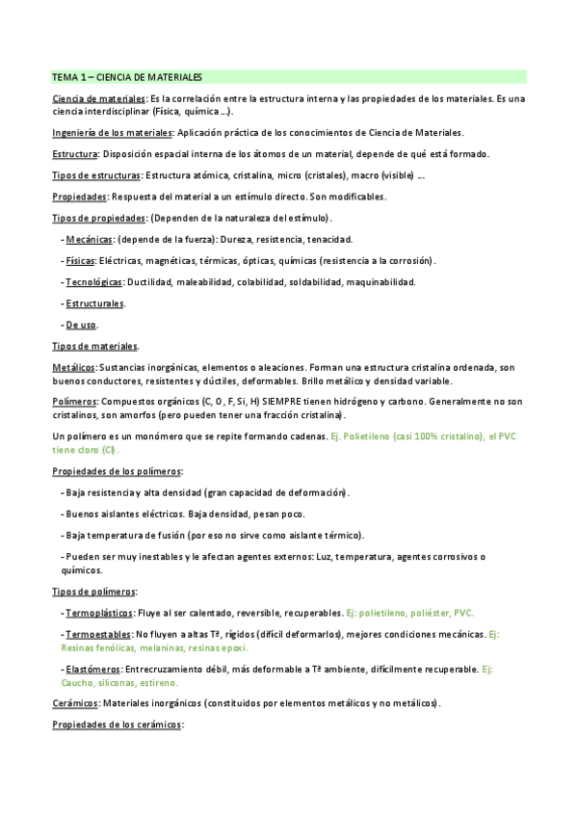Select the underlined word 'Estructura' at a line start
coord(75,154)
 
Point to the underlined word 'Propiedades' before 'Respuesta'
coord(79,197)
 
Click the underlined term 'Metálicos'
coord(73,367)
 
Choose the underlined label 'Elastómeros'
coord(92,669)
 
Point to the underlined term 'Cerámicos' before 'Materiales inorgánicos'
coord(75,703)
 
